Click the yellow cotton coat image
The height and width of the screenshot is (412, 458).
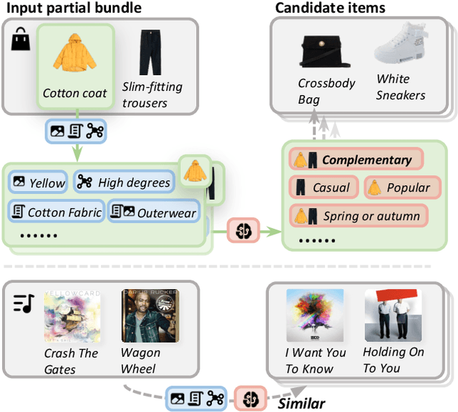tap(74, 57)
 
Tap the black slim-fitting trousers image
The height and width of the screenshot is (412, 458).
tap(150, 52)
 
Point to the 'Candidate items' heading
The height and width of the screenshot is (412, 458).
tap(330, 8)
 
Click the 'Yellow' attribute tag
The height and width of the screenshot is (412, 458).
tap(39, 182)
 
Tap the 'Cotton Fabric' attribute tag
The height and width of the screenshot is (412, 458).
tap(56, 212)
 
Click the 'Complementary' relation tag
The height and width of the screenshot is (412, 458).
tap(356, 160)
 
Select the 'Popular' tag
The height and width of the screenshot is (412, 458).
tap(398, 188)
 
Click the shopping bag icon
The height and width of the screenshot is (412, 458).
tap(19, 41)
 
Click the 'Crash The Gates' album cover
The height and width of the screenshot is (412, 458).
tap(72, 317)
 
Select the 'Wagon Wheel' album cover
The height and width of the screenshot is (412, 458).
tap(150, 315)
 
